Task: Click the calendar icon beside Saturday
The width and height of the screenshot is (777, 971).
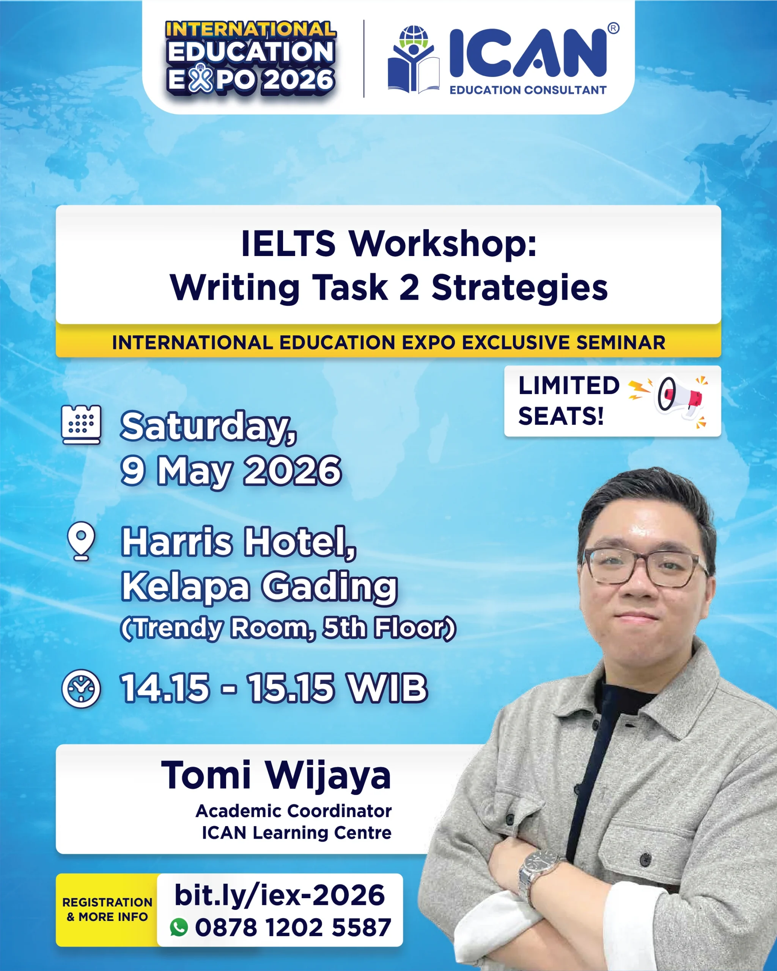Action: (81, 425)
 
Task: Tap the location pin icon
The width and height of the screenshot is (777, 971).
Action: (81, 541)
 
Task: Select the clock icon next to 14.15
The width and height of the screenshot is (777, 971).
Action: (81, 689)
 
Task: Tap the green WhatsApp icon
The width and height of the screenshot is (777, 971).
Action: (179, 927)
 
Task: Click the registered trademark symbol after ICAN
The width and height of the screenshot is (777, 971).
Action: (613, 28)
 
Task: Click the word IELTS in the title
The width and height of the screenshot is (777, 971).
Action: (288, 244)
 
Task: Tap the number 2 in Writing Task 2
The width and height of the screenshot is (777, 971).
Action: (409, 288)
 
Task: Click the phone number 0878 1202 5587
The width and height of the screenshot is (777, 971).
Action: (293, 927)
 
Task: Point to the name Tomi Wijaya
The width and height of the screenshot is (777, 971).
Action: (276, 776)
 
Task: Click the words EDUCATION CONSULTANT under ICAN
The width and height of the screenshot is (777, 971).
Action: (527, 90)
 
